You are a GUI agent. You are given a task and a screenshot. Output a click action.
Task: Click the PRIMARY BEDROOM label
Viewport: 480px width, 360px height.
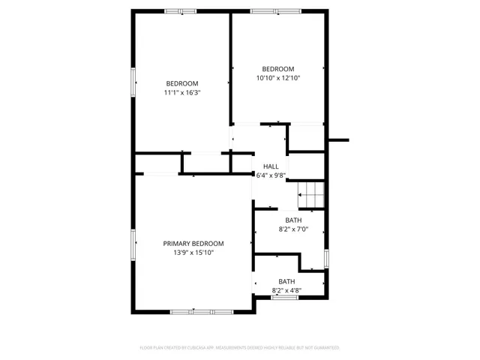tap(193, 244)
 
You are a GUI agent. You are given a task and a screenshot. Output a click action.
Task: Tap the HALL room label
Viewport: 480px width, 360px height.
tap(271, 166)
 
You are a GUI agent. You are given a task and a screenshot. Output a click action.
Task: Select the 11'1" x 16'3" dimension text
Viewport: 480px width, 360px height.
tap(182, 92)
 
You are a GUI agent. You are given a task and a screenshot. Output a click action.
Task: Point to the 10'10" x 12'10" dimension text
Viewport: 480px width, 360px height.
tap(277, 77)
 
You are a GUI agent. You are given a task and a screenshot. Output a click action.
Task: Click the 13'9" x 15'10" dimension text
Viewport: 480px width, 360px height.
tap(193, 253)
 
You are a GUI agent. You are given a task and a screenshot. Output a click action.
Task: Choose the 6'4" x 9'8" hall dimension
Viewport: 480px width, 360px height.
tap(271, 175)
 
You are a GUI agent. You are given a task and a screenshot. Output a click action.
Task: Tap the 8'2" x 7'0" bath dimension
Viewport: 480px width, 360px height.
tap(293, 229)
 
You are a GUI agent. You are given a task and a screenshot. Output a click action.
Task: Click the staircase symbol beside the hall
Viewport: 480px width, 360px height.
tap(310, 196)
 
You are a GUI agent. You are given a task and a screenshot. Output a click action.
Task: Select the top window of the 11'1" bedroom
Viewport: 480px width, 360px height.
tap(181, 11)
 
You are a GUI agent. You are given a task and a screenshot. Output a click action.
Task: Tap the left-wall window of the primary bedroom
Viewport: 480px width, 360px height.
tap(134, 247)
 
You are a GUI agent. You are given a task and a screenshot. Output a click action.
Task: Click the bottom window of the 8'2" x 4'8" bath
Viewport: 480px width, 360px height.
tap(284, 298)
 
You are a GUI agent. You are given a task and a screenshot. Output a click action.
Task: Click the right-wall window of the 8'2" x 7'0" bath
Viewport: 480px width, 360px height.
tap(326, 257)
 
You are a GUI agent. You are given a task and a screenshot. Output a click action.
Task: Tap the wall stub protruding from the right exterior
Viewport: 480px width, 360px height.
tap(339, 139)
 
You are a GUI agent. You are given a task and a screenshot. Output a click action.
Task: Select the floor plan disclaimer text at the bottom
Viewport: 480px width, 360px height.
tap(240, 347)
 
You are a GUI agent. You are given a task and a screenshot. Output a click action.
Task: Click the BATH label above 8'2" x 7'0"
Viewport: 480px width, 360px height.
tap(293, 220)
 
